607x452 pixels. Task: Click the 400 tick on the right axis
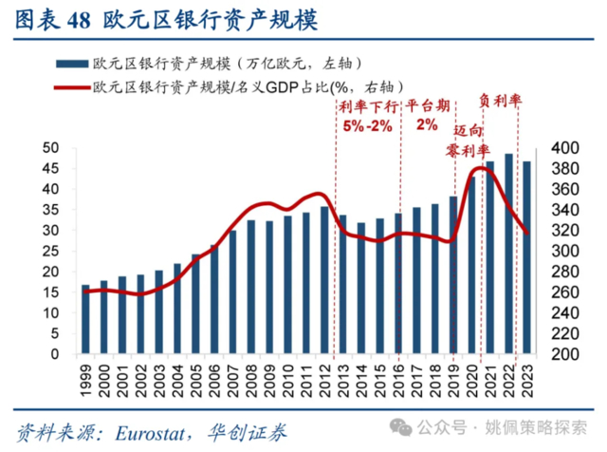click(x=552, y=148)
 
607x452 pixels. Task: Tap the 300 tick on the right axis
click(x=552, y=251)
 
